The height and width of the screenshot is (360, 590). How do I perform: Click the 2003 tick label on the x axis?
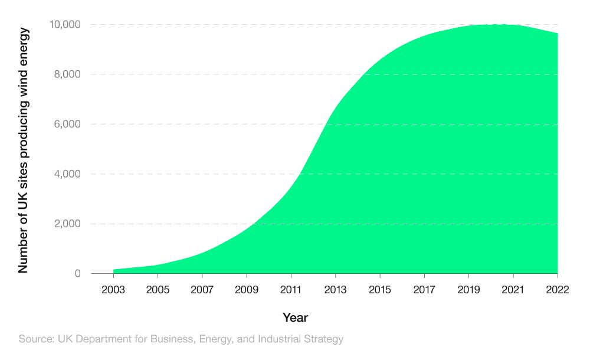point(113,290)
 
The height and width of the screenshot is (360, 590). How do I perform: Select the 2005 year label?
point(158,290)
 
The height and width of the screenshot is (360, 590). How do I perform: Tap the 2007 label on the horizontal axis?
point(202,290)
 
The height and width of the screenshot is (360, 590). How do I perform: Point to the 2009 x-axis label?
point(247,290)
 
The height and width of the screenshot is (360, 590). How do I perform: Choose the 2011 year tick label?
point(291,290)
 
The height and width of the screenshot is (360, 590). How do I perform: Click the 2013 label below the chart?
point(335,290)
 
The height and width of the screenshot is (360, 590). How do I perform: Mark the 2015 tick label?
point(380,290)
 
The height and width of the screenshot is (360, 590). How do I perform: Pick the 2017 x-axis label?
point(424,290)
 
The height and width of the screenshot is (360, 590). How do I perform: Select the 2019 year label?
point(468,290)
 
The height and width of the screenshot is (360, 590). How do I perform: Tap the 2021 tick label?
point(513,290)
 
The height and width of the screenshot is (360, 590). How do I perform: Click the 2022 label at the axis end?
point(557,290)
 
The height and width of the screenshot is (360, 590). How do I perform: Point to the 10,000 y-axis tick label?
point(64,24)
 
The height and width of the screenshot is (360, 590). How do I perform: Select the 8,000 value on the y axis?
point(67,74)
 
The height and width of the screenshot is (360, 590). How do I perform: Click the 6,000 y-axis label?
point(67,124)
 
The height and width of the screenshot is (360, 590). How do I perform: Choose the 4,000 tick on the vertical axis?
point(67,174)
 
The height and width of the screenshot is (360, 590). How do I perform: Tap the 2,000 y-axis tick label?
point(67,224)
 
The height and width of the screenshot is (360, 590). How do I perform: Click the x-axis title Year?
point(295,318)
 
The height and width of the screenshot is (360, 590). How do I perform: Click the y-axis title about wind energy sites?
point(23,150)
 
